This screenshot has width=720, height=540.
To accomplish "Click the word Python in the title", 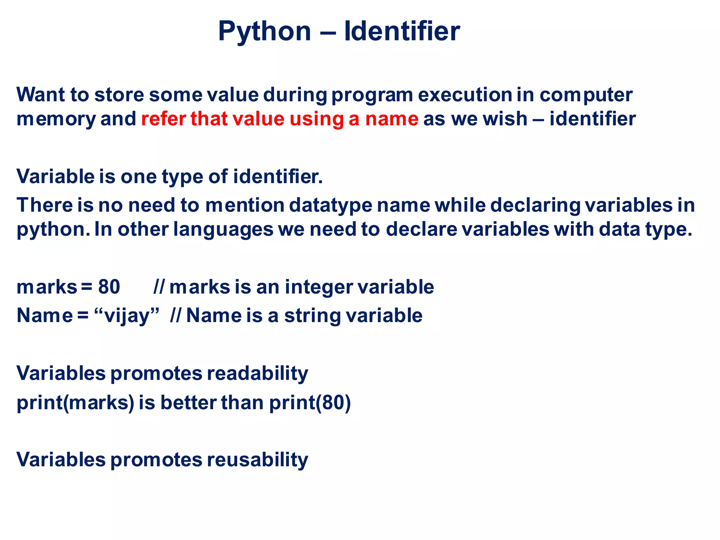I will (264, 32).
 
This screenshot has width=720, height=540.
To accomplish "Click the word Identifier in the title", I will (402, 32).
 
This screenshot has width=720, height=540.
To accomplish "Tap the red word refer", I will (163, 119).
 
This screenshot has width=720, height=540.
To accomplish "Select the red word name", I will (392, 119).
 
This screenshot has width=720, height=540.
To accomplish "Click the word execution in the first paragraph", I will (465, 95).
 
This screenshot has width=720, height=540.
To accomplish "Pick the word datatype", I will (330, 206).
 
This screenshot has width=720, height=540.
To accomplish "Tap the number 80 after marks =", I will (109, 287).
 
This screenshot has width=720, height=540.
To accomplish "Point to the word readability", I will (257, 373).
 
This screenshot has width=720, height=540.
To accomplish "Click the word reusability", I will (257, 460).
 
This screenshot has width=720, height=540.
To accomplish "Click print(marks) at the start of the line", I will (76, 403).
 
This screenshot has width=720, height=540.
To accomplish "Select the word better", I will (188, 403).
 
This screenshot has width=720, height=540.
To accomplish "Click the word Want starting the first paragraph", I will (41, 95).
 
